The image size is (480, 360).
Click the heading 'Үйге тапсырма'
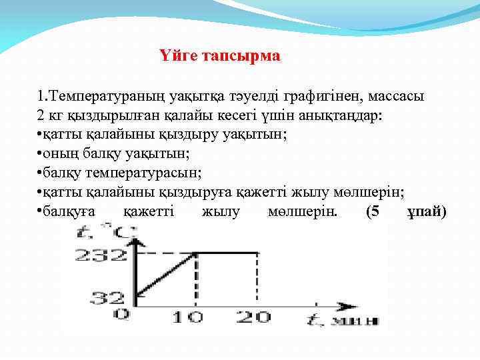[x=221, y=56]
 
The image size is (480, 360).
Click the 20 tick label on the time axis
[x=253, y=317]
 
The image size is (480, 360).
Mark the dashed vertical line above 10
[x=195, y=280]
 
